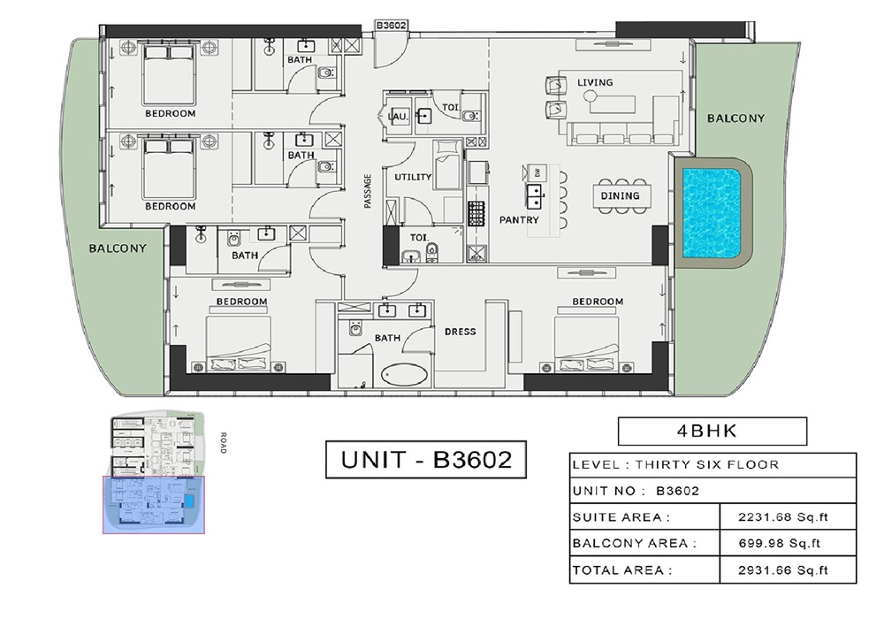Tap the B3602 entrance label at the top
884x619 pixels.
(x=391, y=26)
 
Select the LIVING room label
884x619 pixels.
(x=595, y=83)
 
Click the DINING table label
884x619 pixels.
(x=620, y=196)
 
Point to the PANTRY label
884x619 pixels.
(x=519, y=219)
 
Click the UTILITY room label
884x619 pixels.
(x=413, y=177)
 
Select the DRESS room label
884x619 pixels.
(x=460, y=332)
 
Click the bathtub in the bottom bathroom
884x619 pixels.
(x=404, y=375)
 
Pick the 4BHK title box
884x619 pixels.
(x=712, y=432)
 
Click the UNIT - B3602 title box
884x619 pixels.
(x=426, y=461)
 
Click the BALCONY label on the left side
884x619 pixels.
(x=118, y=248)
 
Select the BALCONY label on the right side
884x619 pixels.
(x=735, y=118)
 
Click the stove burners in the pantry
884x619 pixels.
(x=477, y=212)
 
